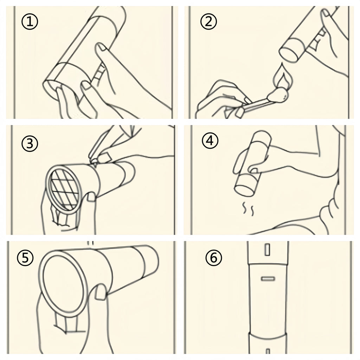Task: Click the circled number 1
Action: tap(30, 22)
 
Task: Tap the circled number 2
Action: tap(208, 22)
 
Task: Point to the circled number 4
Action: tap(210, 141)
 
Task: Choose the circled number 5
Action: tap(25, 258)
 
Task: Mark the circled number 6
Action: tap(213, 258)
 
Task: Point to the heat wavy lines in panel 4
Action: tap(249, 208)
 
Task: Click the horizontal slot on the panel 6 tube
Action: tap(268, 278)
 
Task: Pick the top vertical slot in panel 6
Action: tap(267, 250)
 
